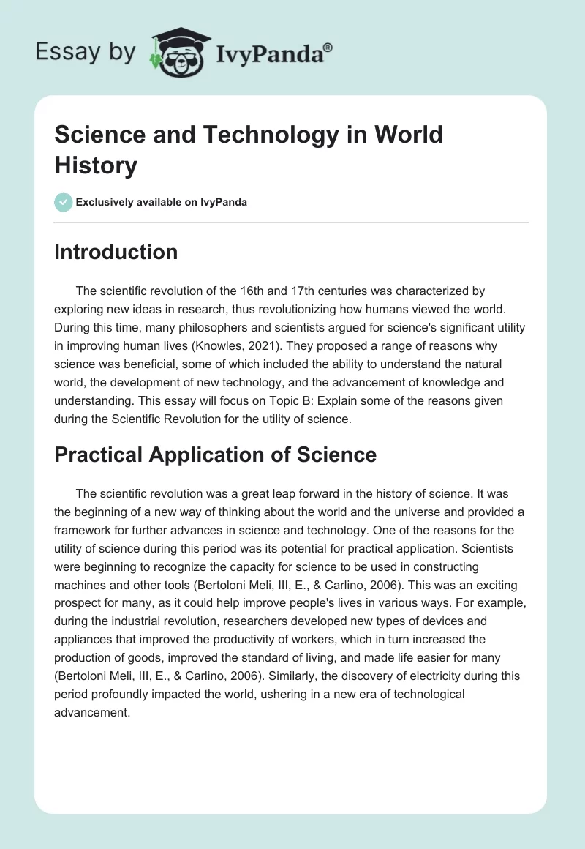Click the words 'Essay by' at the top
click(85, 51)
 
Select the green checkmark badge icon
click(64, 202)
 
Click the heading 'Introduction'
click(116, 252)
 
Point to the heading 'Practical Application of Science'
click(215, 455)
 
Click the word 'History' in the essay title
click(96, 166)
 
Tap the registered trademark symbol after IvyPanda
click(328, 46)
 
